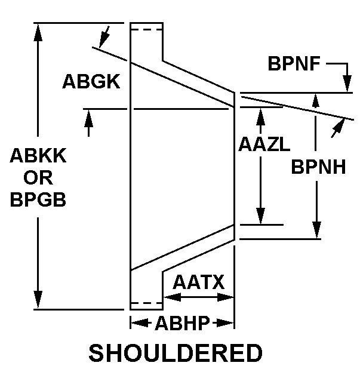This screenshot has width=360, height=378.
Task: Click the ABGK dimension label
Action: click(91, 82)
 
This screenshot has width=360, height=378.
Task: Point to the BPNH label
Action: click(319, 167)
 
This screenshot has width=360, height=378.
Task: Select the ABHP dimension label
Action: click(182, 324)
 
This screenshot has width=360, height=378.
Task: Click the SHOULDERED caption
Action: click(176, 354)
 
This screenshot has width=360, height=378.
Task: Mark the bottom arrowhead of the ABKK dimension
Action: click(38, 300)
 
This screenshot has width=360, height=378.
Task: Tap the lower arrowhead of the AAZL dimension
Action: click(260, 218)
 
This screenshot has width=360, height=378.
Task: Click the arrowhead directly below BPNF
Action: click(347, 86)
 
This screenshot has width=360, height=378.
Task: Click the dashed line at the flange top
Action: click(146, 29)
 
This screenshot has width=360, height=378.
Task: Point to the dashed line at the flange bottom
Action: click(146, 303)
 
